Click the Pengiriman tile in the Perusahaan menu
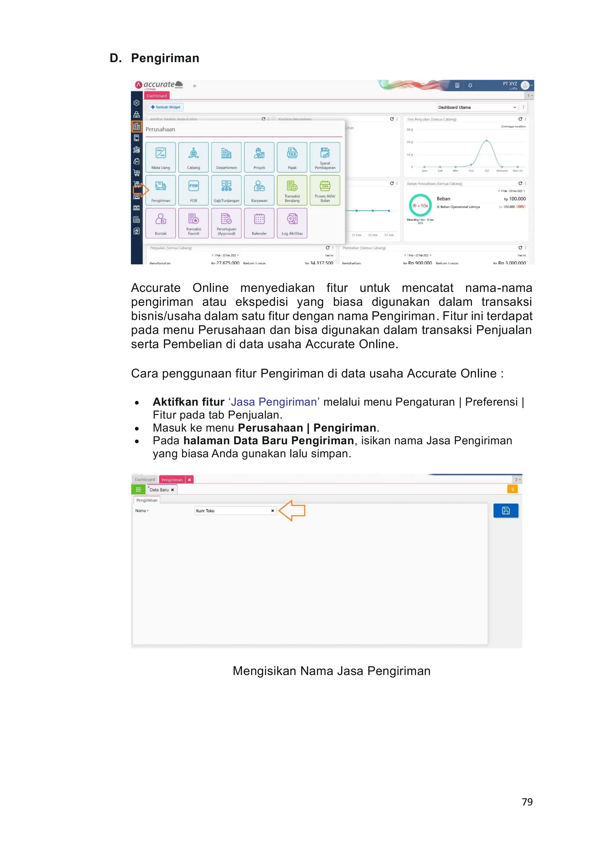click(161, 190)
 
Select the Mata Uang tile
click(161, 157)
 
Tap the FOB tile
click(194, 190)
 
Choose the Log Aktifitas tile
click(292, 223)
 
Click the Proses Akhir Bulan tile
click(325, 190)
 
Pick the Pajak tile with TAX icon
click(292, 157)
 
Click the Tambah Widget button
click(166, 107)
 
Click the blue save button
click(506, 511)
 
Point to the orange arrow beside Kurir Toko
click(292, 511)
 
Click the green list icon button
click(138, 490)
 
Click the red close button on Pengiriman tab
click(189, 480)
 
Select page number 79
click(527, 802)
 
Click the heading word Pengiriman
click(165, 58)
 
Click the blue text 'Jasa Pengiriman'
click(274, 402)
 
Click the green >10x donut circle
click(420, 205)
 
